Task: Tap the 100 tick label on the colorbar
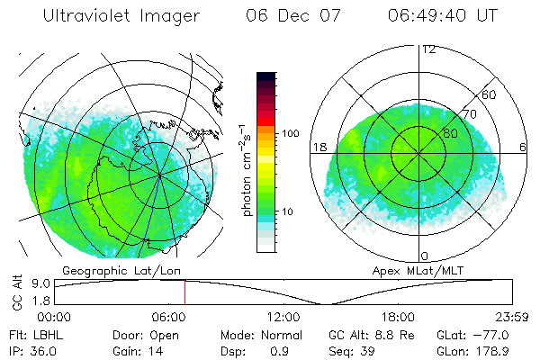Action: coord(289,133)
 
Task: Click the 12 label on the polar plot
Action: coord(428,49)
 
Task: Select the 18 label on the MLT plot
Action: coord(318,146)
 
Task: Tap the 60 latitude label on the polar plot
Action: coord(490,94)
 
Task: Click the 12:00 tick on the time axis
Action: coord(283,317)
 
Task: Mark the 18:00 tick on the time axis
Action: coord(398,317)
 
